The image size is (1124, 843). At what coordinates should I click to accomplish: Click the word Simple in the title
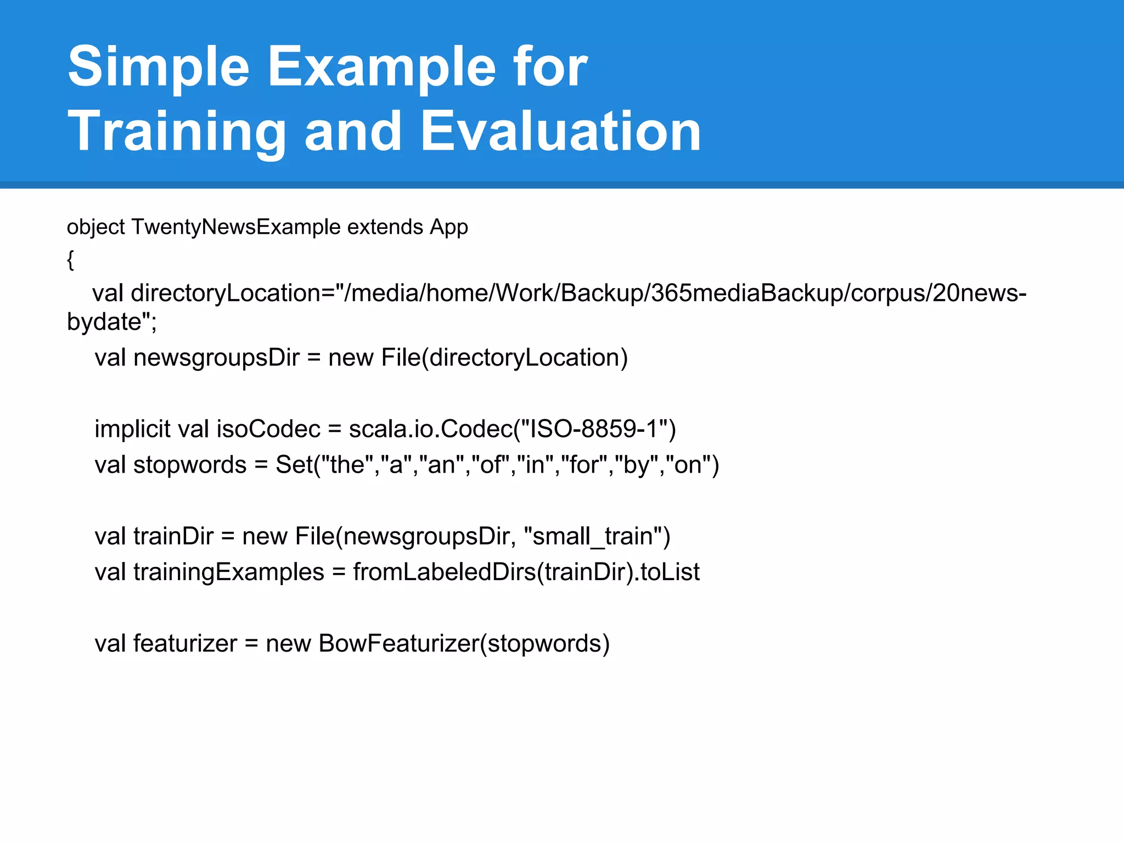tap(159, 67)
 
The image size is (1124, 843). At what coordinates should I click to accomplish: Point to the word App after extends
tap(448, 227)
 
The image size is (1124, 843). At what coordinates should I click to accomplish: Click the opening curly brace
tap(70, 260)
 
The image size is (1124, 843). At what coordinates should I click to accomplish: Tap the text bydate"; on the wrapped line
tap(112, 322)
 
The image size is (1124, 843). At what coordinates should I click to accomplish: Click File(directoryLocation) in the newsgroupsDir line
tap(504, 358)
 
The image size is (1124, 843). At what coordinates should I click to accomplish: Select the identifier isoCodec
tap(268, 429)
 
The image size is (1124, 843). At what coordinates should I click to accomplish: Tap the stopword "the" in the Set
tap(347, 465)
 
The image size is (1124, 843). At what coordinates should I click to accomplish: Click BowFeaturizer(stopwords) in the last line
tap(464, 644)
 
